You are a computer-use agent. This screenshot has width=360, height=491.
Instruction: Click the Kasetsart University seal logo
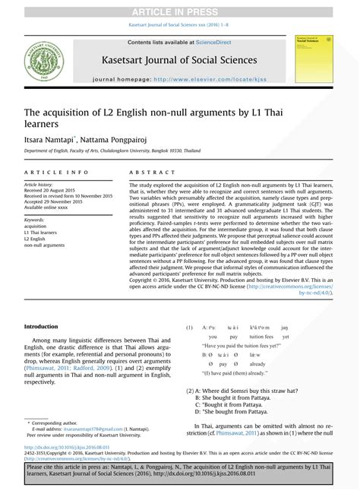[43, 60]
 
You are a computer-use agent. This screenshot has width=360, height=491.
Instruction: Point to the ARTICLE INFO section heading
[56, 173]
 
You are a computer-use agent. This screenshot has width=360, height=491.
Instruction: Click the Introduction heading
[41, 326]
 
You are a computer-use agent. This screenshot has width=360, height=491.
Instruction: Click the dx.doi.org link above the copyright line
[66, 448]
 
